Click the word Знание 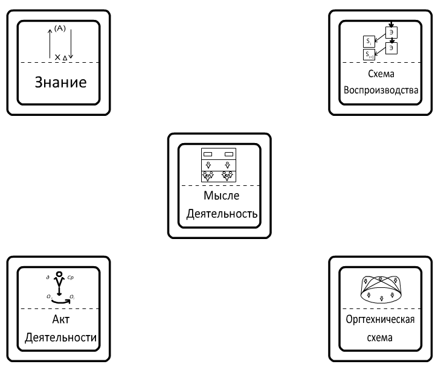pyautogui.click(x=59, y=82)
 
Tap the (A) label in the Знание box pyautogui.click(x=60, y=28)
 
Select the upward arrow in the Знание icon pyautogui.click(x=50, y=42)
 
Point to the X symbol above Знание pyautogui.click(x=57, y=57)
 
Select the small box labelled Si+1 pyautogui.click(x=369, y=55)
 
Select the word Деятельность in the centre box pyautogui.click(x=220, y=214)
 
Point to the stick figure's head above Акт pyautogui.click(x=59, y=276)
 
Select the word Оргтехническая pyautogui.click(x=381, y=320)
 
